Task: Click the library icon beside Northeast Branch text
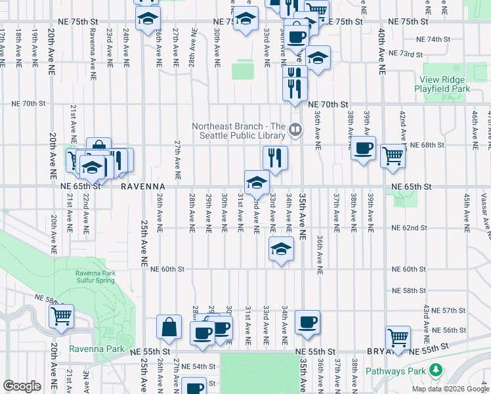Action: coord(295,131)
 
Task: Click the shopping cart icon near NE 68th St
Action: coord(393,156)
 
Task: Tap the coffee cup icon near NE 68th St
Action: coord(362,148)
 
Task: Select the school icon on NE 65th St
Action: coord(257,182)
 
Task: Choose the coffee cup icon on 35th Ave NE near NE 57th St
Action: coord(307,322)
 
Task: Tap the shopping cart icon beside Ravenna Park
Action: coord(61,316)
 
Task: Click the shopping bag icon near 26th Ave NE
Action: coord(169,327)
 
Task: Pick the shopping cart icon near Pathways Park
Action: coord(398,338)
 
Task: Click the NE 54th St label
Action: coord(198,366)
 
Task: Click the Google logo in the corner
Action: coord(22,386)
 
